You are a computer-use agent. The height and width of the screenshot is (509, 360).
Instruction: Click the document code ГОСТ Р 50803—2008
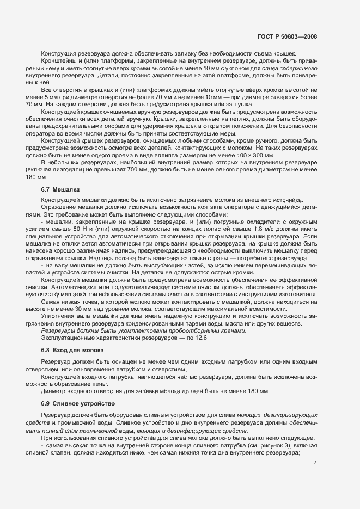pyautogui.click(x=287, y=37)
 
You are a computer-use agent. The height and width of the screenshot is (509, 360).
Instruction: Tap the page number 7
pyautogui.click(x=315, y=463)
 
